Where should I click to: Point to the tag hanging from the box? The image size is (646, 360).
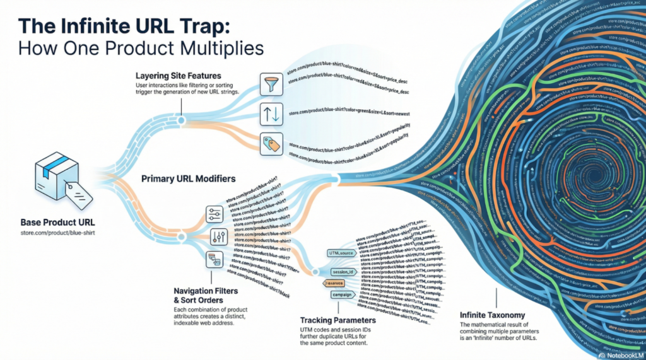tap(79, 191)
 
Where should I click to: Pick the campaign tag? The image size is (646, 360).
tap(341, 294)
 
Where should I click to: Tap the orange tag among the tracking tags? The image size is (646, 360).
tap(339, 283)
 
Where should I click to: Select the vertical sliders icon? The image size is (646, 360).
tap(218, 237)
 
